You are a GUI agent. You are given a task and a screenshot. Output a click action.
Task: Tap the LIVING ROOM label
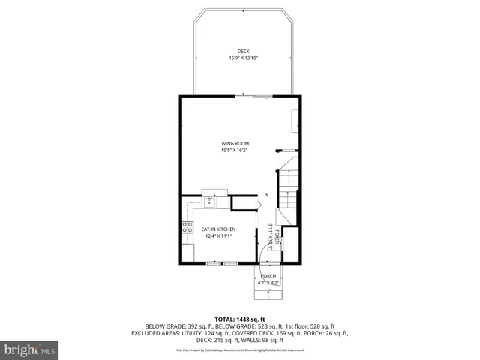pos(234,143)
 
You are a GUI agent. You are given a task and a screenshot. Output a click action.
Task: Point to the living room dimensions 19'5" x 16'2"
pos(234,150)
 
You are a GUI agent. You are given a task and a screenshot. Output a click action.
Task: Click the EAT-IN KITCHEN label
pos(217,229)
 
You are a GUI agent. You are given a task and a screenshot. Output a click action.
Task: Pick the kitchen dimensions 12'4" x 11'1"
pos(217,235)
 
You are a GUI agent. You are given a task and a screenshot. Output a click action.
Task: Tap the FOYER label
pos(277,238)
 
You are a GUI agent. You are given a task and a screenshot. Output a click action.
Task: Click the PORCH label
pos(268,276)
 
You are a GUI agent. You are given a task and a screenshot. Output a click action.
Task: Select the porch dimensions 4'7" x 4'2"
pos(268,283)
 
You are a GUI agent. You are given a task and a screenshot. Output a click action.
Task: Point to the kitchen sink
pos(211,202)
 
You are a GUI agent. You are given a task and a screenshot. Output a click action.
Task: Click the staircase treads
pos(287,191)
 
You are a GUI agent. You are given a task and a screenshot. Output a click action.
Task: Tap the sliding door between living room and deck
pos(253,95)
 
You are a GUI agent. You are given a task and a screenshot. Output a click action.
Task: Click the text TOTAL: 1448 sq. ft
pos(239,319)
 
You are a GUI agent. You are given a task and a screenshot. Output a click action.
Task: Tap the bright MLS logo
pos(30,350)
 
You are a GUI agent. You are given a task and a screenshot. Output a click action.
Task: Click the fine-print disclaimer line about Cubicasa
pos(239,349)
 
